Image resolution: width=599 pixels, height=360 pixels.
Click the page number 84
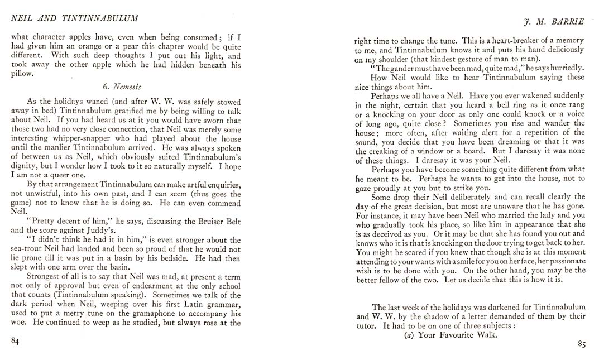[x=15, y=342]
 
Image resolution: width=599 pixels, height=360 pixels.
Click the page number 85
[x=581, y=344]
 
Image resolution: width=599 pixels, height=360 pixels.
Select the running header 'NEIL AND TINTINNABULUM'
[x=75, y=18]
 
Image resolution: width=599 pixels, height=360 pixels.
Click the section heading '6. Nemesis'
[x=122, y=87]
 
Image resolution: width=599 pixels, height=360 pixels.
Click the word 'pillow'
[x=22, y=74]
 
